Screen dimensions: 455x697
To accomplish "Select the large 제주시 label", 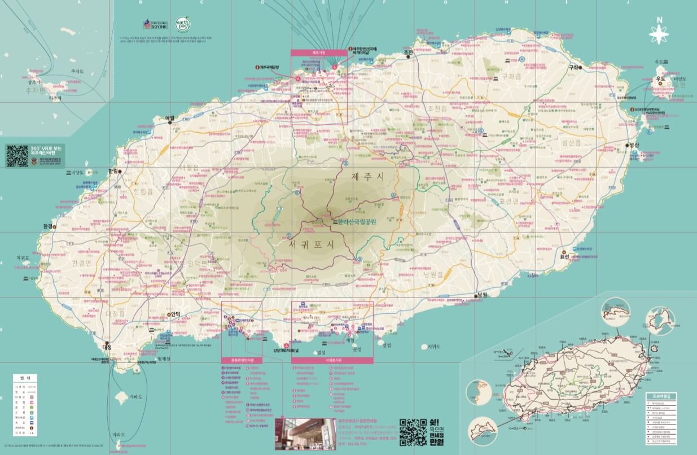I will [367, 177].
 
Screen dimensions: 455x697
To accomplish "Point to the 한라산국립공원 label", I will [356, 222].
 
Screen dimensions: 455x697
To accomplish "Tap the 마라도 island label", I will [119, 435].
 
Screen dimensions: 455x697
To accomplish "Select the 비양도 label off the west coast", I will [77, 173].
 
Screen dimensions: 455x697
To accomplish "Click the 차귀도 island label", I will [23, 257].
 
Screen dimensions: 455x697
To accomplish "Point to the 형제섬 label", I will [164, 358].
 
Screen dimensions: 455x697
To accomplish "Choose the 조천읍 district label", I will [437, 108].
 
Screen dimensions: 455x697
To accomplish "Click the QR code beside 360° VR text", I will [17, 155].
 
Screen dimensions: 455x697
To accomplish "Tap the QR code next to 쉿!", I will [411, 432].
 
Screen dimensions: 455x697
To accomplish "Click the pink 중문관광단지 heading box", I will [242, 360].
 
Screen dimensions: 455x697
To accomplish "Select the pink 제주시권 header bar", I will [319, 53].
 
